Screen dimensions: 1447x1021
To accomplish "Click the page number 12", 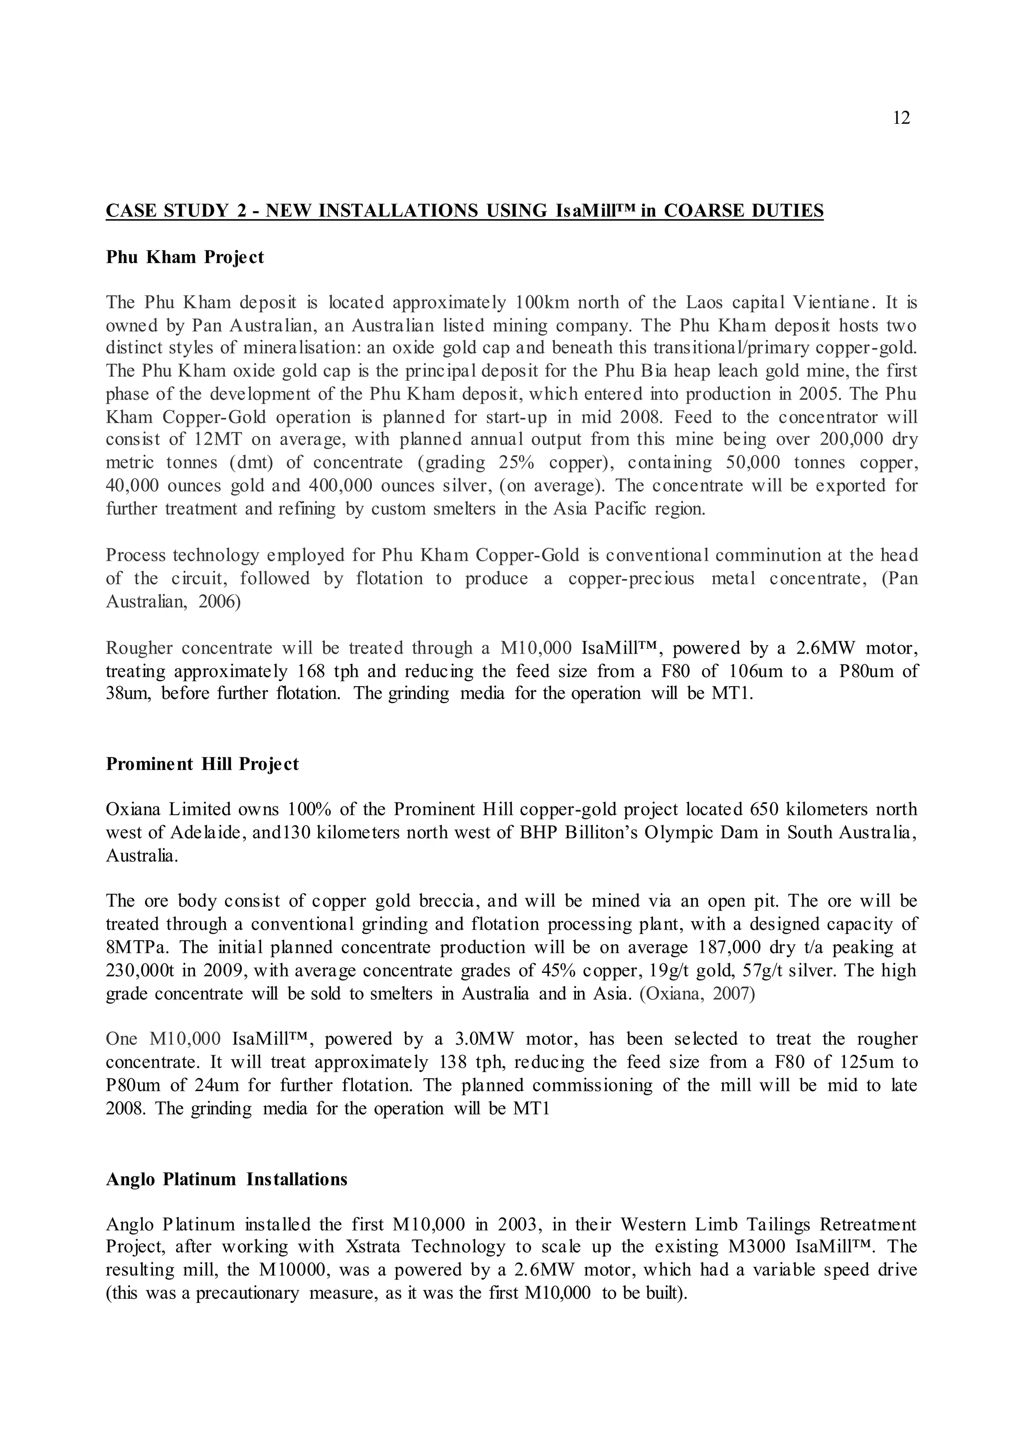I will [901, 118].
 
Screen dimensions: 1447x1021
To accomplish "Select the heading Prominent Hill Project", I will [202, 764].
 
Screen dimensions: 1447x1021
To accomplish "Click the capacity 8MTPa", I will [132, 948].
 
